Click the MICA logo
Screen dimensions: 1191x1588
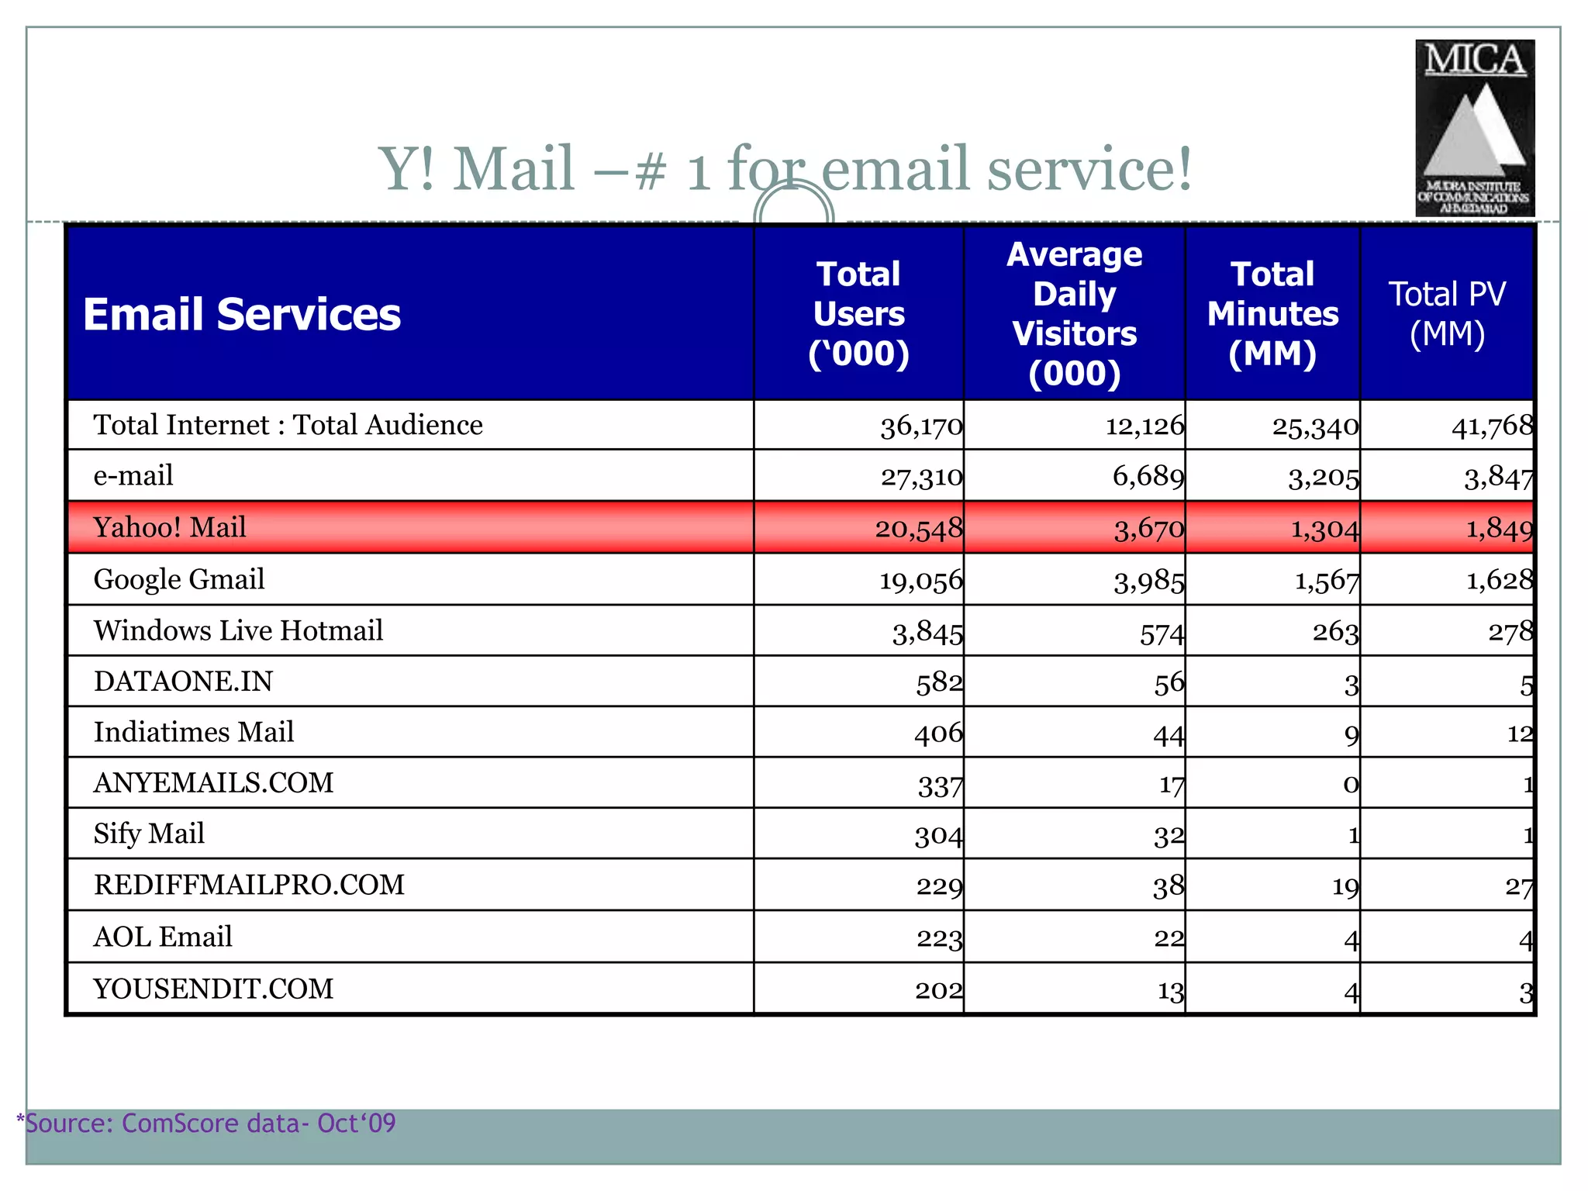click(1475, 128)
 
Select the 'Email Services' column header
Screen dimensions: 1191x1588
click(242, 314)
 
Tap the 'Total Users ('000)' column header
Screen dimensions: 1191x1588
click(858, 314)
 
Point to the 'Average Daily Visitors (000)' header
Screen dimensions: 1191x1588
click(1074, 314)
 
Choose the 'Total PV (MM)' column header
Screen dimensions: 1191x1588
click(1447, 314)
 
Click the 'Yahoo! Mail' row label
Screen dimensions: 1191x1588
click(170, 527)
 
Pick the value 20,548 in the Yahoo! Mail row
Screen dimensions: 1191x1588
click(919, 529)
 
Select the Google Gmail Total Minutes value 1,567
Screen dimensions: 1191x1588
click(1327, 581)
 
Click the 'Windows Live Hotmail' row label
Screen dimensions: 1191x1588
click(238, 630)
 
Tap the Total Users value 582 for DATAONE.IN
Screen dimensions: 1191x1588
click(939, 682)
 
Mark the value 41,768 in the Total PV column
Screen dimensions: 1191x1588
click(1492, 426)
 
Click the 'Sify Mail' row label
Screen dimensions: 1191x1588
click(149, 834)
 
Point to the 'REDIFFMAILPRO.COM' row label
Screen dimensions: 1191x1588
click(249, 885)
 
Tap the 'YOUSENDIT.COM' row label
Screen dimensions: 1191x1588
click(213, 989)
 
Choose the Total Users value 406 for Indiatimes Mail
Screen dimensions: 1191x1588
click(938, 734)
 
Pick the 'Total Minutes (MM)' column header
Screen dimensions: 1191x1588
click(1272, 314)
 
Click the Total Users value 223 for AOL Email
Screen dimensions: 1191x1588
click(939, 939)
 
